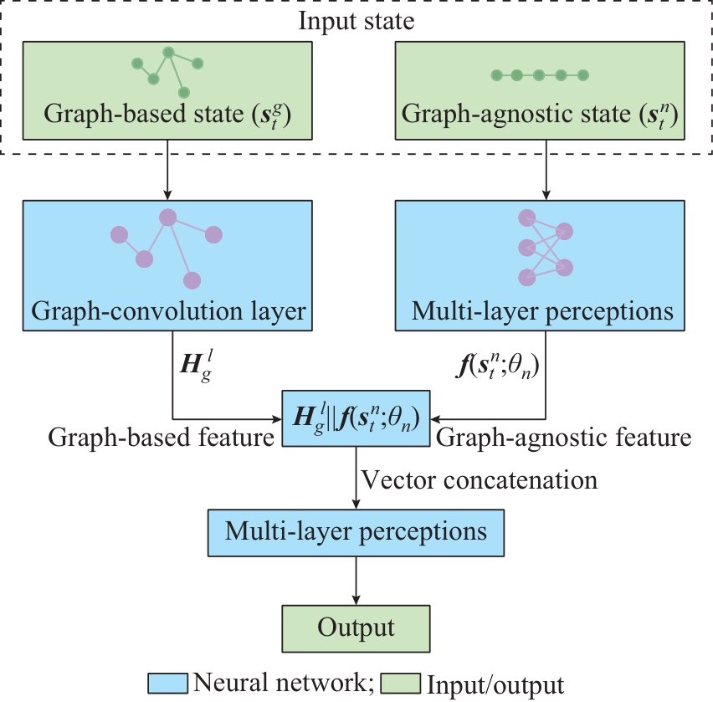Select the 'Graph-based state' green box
click(168, 90)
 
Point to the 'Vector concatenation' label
click(480, 479)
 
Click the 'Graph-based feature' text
click(162, 437)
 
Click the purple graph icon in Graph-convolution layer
click(167, 244)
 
